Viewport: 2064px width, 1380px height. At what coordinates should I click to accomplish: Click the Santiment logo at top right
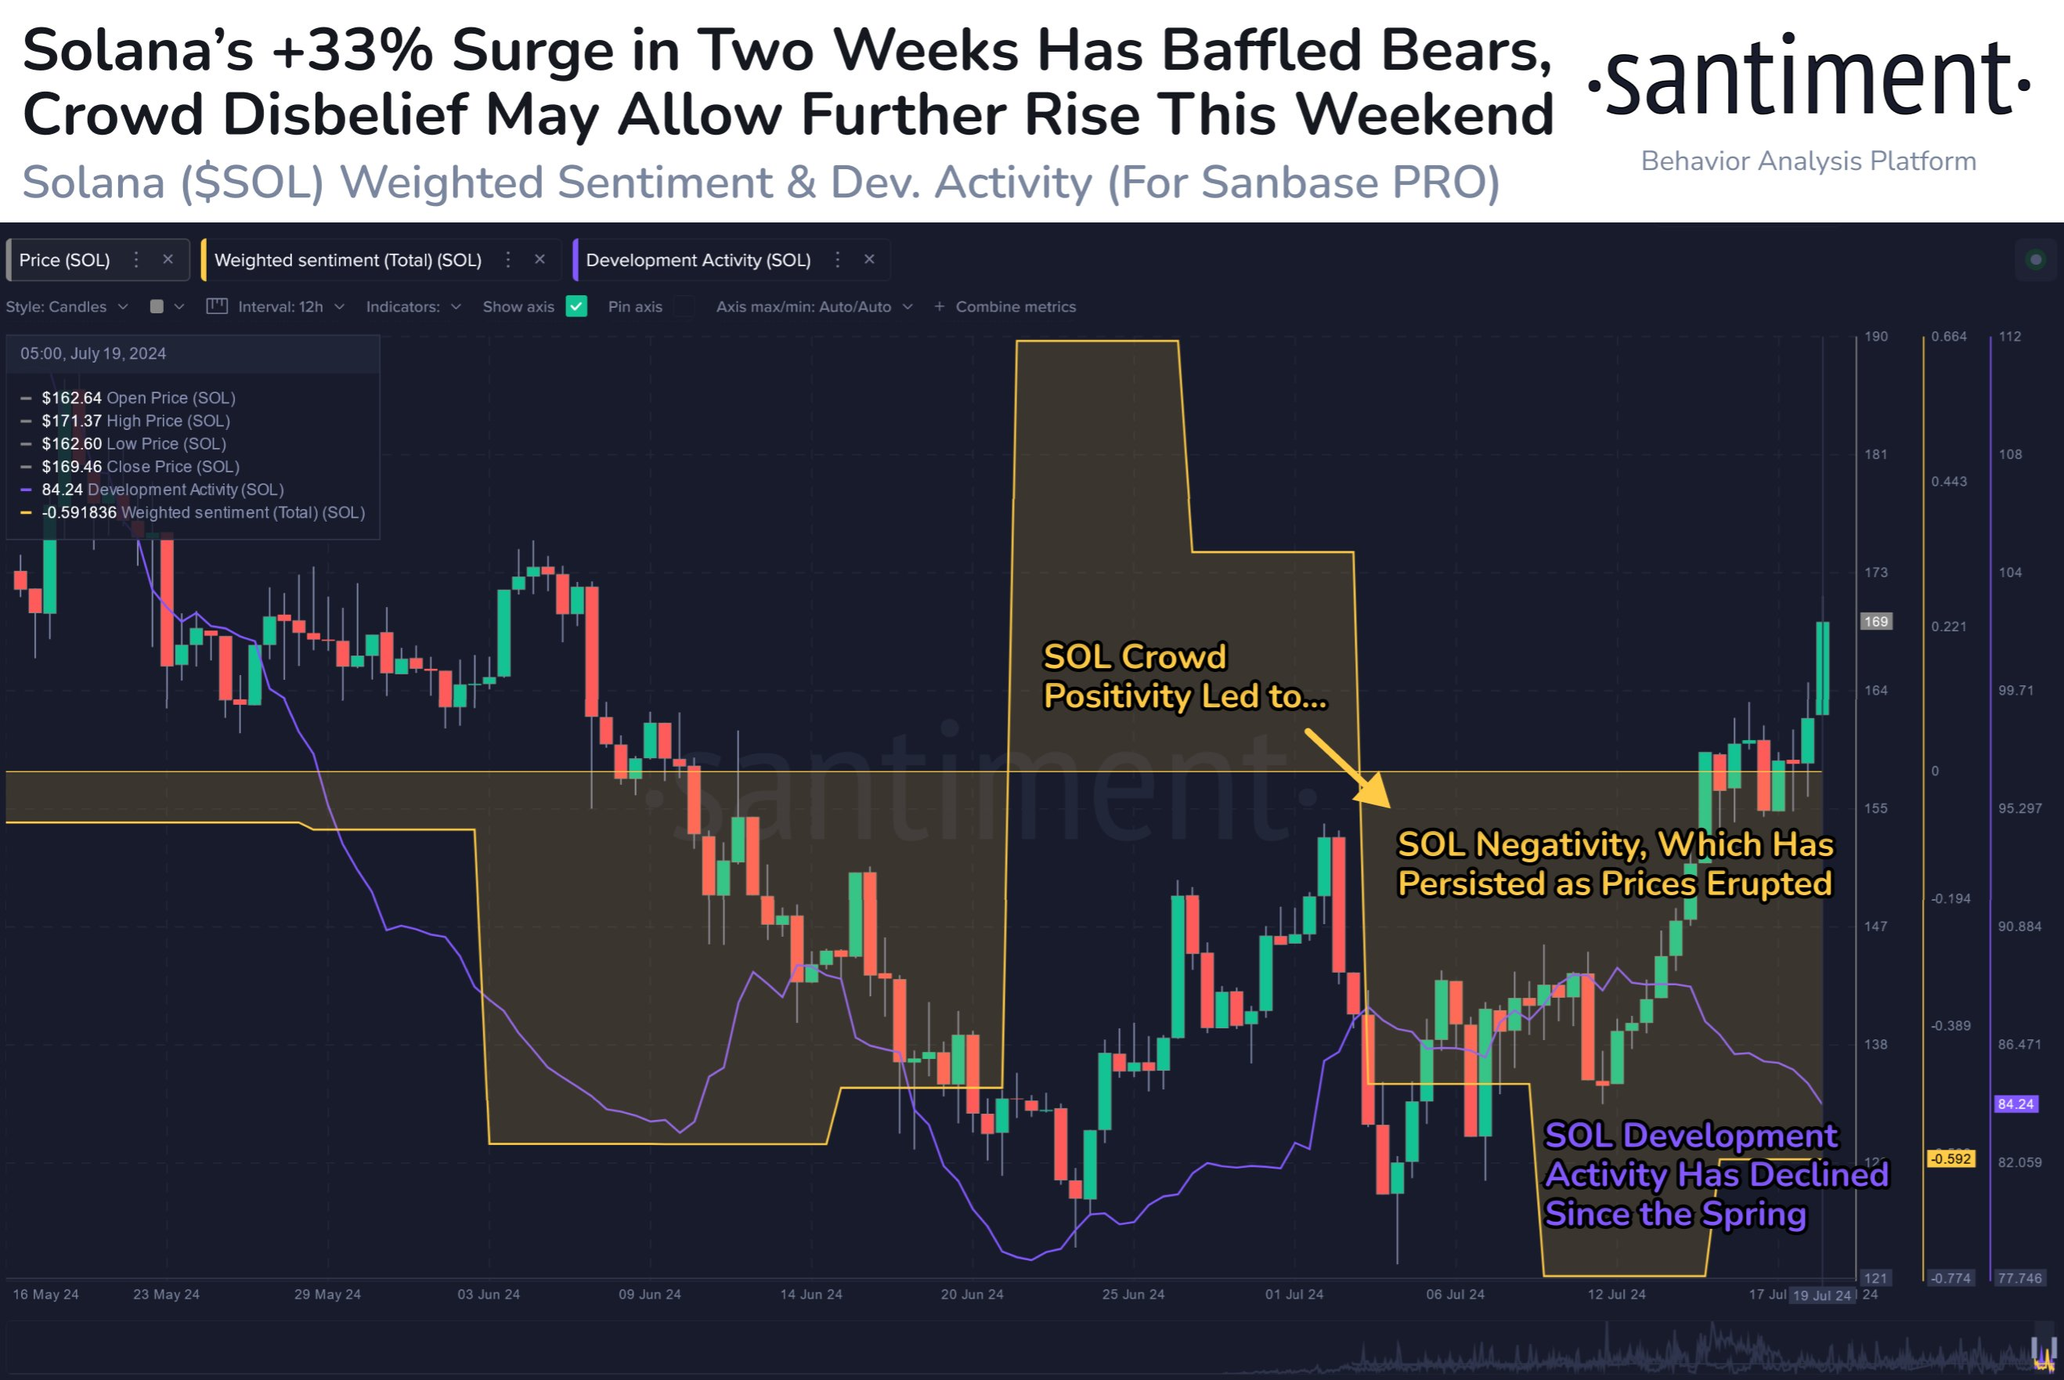coord(1808,79)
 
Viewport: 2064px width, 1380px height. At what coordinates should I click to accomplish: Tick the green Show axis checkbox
coord(576,306)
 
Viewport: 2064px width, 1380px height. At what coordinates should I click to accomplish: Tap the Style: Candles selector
coord(67,306)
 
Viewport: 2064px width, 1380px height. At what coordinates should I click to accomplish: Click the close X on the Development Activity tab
coord(869,259)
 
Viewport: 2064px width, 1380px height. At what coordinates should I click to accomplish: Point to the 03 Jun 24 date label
coord(489,1295)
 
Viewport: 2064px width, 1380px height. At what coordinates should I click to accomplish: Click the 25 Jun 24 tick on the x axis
coord(1133,1295)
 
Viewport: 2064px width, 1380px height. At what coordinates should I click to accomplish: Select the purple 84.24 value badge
coord(2015,1104)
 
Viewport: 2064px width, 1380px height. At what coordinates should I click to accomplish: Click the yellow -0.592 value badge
coord(1950,1159)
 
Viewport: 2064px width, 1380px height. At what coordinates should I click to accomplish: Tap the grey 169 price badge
coord(1876,621)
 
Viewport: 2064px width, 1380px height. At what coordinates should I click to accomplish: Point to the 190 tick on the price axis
coord(1876,337)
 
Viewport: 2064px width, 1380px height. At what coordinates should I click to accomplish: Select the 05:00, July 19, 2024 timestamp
coord(93,354)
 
